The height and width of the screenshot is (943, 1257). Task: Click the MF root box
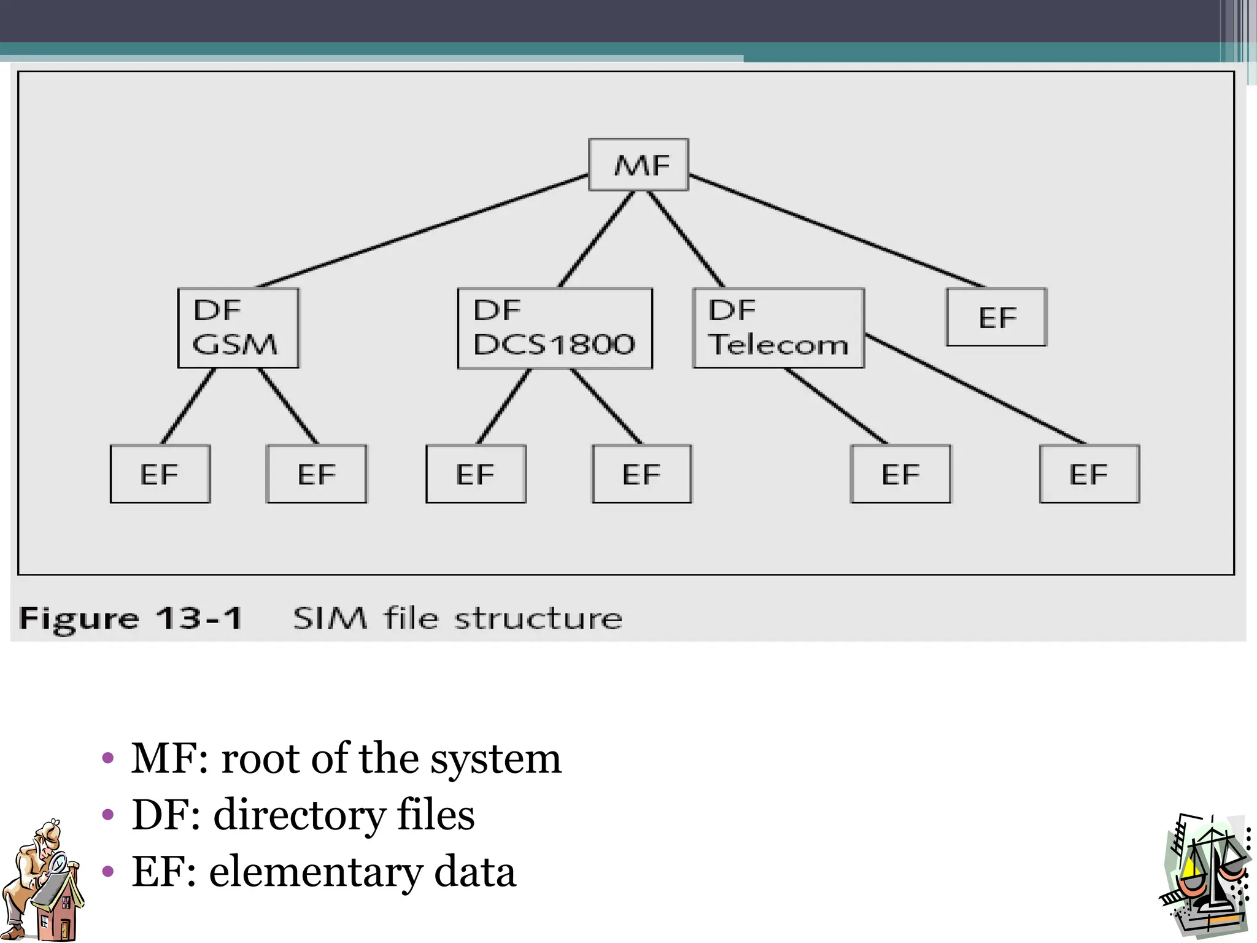click(x=638, y=165)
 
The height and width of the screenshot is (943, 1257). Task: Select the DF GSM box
click(x=238, y=328)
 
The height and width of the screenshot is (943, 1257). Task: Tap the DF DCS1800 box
click(x=555, y=328)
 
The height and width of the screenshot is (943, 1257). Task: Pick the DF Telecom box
click(x=778, y=328)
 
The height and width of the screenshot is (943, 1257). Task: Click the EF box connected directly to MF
click(x=996, y=317)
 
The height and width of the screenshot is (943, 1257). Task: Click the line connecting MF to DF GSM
click(x=424, y=231)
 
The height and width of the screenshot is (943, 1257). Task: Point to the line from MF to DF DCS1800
click(x=596, y=239)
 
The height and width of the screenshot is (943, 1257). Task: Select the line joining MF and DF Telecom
click(x=686, y=239)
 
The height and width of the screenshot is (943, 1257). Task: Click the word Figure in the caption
click(x=79, y=618)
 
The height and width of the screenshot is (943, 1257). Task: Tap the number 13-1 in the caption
click(x=199, y=618)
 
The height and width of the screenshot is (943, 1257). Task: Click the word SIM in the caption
click(x=330, y=618)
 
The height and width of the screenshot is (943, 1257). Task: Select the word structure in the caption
click(x=538, y=618)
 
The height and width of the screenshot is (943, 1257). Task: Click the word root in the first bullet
click(x=261, y=759)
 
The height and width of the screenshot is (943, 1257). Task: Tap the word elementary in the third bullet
click(x=315, y=872)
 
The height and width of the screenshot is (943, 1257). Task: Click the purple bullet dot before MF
click(x=108, y=759)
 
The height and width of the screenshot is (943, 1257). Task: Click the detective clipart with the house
click(x=43, y=880)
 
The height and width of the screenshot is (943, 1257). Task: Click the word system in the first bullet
click(x=495, y=760)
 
